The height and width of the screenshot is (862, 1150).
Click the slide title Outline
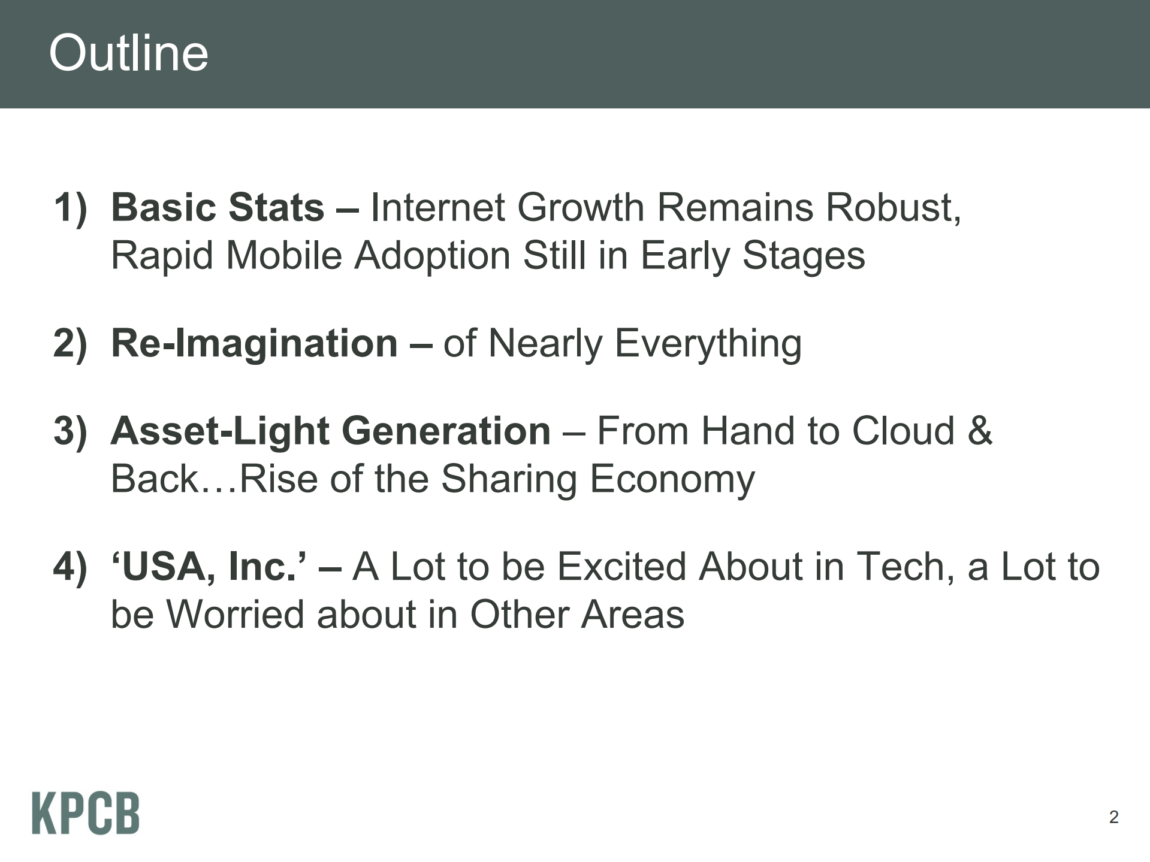coord(128,53)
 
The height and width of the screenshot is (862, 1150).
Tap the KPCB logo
coord(86,813)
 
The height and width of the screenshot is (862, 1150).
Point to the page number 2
coord(1113,817)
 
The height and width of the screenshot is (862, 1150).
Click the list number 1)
coord(70,208)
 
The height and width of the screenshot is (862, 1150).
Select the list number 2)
coord(70,343)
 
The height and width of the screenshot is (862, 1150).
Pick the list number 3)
coord(70,431)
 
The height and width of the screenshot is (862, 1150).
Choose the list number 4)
coord(70,567)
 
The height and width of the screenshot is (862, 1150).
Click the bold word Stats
coord(276,208)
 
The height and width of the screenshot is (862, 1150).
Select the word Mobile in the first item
coord(284,256)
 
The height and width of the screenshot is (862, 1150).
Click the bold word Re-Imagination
coord(255,344)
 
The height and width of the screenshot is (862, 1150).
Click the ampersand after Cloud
coord(979,431)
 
